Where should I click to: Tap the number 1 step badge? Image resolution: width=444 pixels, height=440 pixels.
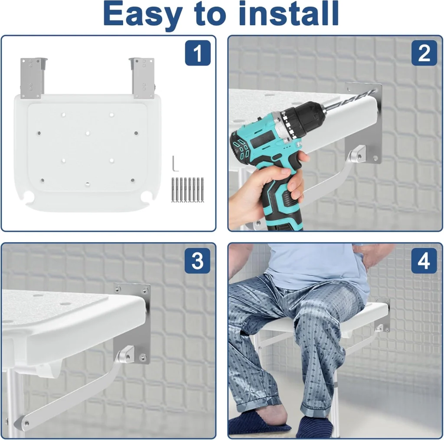click(x=198, y=53)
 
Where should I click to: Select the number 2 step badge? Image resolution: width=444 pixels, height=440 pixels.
click(x=424, y=53)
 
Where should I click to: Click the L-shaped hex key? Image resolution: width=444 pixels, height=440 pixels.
click(x=174, y=164)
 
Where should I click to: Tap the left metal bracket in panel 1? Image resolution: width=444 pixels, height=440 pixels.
click(x=33, y=78)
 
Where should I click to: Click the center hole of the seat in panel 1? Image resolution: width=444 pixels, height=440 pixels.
click(x=88, y=133)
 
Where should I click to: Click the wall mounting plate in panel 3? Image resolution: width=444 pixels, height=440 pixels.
click(x=132, y=323)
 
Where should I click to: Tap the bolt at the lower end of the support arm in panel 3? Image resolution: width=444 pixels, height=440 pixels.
click(x=26, y=424)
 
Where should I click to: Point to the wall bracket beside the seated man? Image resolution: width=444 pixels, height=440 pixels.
click(x=382, y=315)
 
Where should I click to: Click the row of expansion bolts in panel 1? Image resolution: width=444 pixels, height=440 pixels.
click(x=187, y=190)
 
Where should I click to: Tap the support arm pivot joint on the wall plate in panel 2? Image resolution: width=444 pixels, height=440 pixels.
click(x=357, y=154)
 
